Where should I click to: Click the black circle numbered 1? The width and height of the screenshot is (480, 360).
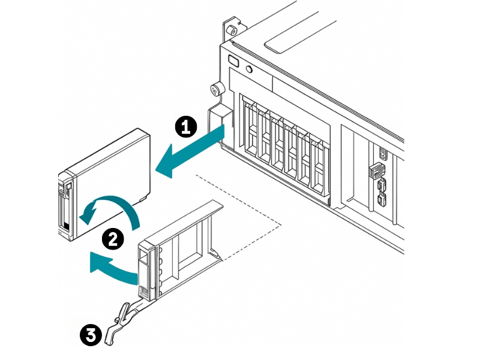[186, 127]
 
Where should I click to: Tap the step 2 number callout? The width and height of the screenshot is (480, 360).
[113, 239]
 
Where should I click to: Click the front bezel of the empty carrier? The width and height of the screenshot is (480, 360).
[148, 270]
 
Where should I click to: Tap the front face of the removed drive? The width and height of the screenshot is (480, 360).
[65, 204]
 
